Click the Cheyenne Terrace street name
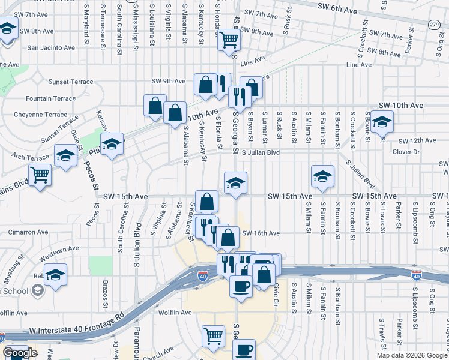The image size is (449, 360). pos(41,114)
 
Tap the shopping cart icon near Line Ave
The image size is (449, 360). pos(229,40)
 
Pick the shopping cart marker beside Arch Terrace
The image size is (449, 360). pos(40,175)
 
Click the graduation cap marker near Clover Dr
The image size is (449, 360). pos(381,122)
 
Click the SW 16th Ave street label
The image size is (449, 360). pos(261,233)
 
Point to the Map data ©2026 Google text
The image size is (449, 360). pos(411,355)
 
